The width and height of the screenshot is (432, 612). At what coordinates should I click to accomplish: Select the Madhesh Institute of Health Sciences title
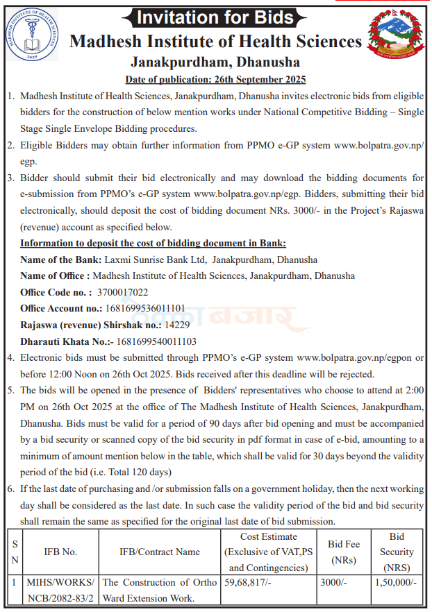(x=216, y=41)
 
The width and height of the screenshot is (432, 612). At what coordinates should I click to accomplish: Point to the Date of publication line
(x=215, y=79)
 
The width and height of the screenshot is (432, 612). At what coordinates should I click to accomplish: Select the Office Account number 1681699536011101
(x=145, y=308)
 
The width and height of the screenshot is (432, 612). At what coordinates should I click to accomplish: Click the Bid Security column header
(x=397, y=552)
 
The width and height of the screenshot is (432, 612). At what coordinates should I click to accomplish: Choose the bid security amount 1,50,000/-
(x=395, y=584)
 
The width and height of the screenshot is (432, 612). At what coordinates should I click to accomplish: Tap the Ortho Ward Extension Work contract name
(x=160, y=590)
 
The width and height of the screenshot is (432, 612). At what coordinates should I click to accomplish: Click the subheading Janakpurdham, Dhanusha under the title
(x=215, y=62)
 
